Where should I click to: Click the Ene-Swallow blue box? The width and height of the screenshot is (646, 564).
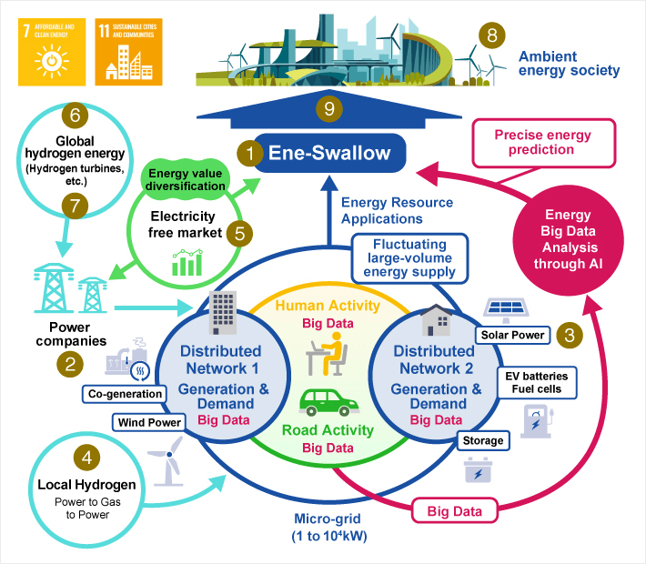pyautogui.click(x=328, y=154)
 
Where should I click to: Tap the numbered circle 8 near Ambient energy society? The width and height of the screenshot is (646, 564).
pyautogui.click(x=492, y=35)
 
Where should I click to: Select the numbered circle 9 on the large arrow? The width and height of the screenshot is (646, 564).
pyautogui.click(x=329, y=109)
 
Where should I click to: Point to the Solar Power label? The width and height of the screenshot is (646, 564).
pyautogui.click(x=514, y=335)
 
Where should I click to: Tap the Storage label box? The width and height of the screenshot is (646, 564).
pyautogui.click(x=483, y=440)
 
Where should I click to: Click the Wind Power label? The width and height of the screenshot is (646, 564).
pyautogui.click(x=146, y=422)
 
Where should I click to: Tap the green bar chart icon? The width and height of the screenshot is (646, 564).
pyautogui.click(x=187, y=265)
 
